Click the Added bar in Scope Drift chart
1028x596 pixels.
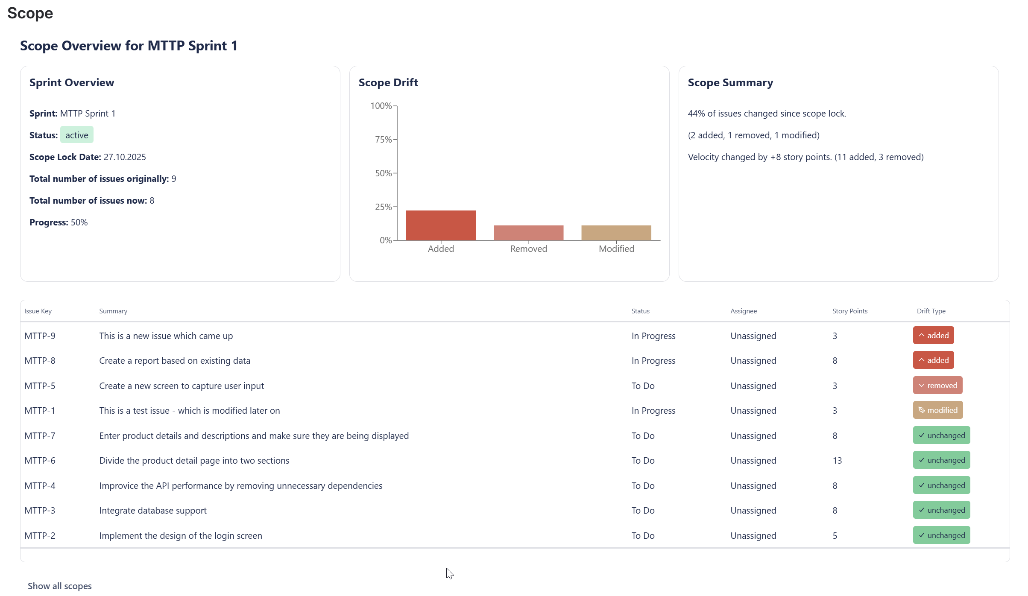440,225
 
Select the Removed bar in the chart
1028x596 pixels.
528,233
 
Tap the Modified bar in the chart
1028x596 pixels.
616,233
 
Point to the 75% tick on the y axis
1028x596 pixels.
383,140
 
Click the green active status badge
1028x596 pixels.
77,135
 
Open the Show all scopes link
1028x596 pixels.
60,586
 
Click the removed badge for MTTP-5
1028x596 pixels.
937,386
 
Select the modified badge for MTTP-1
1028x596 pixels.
938,410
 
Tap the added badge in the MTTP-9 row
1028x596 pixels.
933,336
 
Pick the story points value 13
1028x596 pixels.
837,461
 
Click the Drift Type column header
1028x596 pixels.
931,311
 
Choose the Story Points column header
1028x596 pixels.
849,311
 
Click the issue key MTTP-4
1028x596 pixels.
40,486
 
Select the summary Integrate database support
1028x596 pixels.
153,511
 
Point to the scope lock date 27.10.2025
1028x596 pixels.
125,157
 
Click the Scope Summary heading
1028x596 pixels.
730,83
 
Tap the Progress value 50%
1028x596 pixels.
79,222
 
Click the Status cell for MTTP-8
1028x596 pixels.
653,361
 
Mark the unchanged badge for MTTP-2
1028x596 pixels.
941,535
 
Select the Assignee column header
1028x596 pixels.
743,311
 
